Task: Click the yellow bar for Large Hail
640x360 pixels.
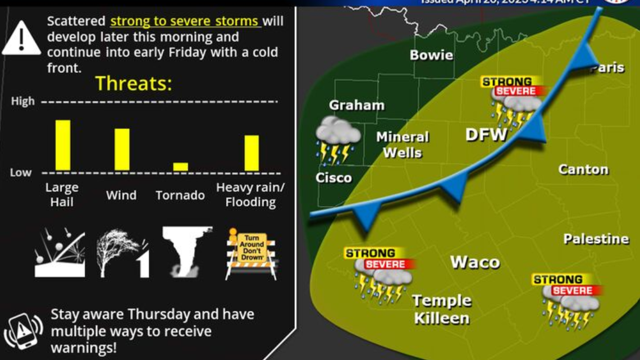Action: tap(62, 145)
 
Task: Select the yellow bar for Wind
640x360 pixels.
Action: tap(122, 149)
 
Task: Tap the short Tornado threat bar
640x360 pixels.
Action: tap(180, 166)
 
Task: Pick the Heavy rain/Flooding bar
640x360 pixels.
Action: tap(252, 153)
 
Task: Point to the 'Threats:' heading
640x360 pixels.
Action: tap(133, 84)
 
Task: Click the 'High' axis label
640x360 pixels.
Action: tap(22, 101)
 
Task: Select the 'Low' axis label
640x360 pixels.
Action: tap(21, 172)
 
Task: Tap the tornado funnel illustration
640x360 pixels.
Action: tap(186, 251)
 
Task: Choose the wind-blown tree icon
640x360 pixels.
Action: tap(122, 253)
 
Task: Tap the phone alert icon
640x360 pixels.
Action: tap(24, 331)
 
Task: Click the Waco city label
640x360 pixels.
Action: tap(474, 262)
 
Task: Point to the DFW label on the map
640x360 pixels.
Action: tap(486, 135)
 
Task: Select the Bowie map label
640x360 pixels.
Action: tap(431, 55)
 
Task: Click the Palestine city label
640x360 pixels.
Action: tap(596, 239)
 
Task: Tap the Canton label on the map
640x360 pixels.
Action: tap(583, 170)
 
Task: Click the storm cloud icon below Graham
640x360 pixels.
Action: tap(337, 140)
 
